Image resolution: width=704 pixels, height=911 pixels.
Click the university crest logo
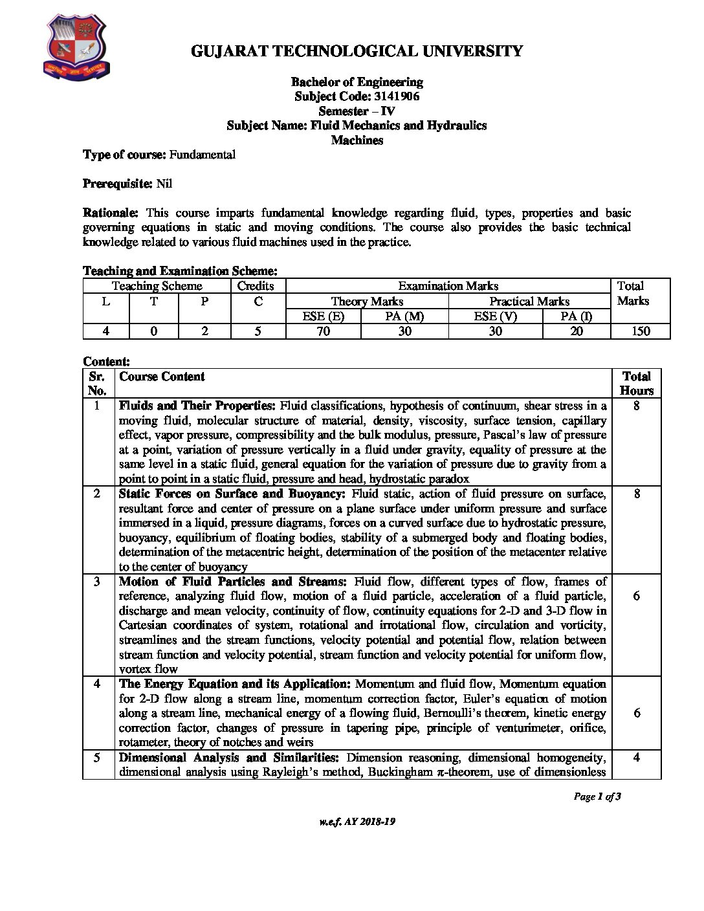click(x=76, y=46)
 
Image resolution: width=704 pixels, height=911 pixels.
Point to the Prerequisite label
click(x=118, y=184)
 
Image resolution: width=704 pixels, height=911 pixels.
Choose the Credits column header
click(x=256, y=286)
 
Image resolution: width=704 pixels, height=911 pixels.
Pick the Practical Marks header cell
click(x=529, y=302)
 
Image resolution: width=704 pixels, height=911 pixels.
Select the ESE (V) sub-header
click(x=495, y=316)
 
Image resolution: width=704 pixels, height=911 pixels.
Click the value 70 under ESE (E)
click(x=323, y=331)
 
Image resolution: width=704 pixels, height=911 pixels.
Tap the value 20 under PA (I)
click(x=577, y=331)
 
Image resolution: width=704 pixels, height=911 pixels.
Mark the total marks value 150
click(x=639, y=331)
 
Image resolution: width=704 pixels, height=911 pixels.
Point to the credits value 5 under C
click(x=258, y=331)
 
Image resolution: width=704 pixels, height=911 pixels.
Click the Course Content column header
click(x=162, y=377)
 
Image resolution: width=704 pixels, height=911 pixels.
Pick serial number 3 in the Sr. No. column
click(x=97, y=582)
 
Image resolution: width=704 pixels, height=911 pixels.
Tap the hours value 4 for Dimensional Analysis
click(x=636, y=757)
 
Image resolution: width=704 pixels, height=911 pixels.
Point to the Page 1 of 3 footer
click(x=597, y=796)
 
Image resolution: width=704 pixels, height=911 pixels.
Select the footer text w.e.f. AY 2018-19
click(x=357, y=822)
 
